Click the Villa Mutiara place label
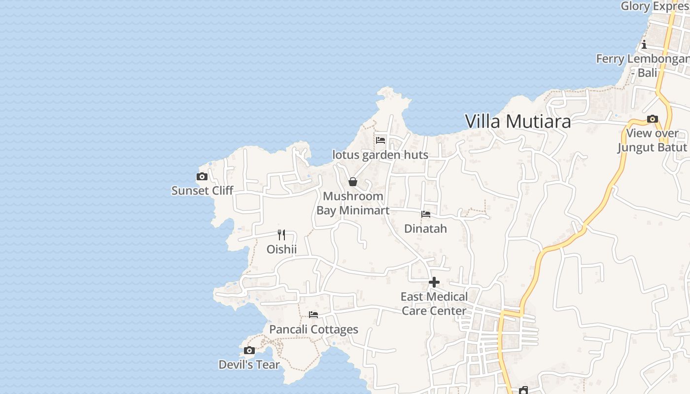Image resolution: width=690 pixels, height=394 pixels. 517,121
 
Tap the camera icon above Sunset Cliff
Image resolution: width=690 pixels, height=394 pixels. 202,177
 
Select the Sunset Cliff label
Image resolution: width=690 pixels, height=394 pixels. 202,191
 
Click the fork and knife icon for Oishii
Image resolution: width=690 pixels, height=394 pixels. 281,235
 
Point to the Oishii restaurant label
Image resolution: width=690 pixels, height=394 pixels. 281,249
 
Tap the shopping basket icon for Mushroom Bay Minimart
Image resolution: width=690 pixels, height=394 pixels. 353,182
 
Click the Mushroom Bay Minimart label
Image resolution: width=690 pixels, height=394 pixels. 353,203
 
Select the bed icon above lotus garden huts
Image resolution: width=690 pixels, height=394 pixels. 380,140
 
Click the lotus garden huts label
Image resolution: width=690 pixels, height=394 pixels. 380,155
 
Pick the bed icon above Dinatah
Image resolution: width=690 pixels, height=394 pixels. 426,214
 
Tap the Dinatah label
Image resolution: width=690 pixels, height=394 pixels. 425,229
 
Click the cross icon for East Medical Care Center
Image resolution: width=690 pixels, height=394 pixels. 434,282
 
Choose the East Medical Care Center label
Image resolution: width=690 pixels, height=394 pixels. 434,303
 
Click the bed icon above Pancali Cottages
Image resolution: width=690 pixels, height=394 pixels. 313,315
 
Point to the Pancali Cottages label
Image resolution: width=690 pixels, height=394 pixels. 313,329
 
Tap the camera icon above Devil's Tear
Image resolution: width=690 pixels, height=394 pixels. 249,351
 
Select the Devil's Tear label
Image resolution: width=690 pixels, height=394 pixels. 249,365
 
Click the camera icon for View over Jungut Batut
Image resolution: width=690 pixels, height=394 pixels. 653,119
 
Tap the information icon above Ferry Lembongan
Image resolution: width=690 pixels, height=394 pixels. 644,45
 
